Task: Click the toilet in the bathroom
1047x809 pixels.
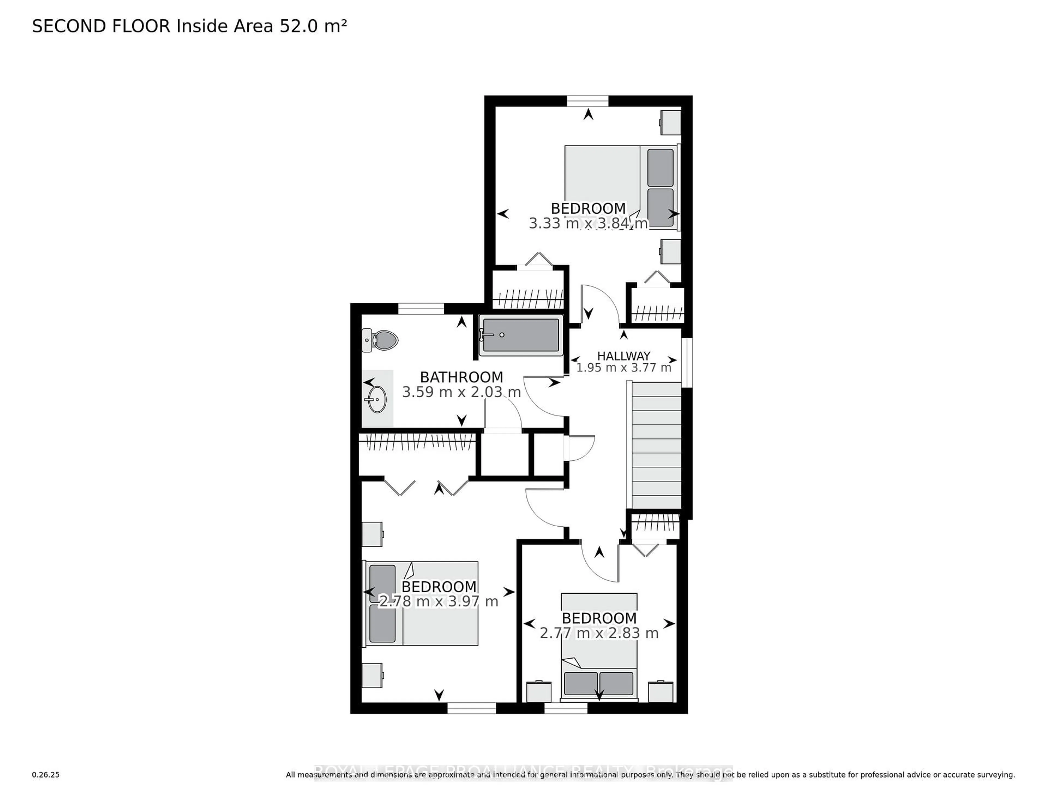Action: (x=381, y=340)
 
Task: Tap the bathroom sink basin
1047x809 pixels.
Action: (x=377, y=399)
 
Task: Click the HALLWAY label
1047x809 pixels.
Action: (x=623, y=356)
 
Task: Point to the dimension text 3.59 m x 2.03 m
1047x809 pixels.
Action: (x=461, y=392)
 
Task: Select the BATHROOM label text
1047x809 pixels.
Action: (x=461, y=377)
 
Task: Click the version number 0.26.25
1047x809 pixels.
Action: (x=46, y=774)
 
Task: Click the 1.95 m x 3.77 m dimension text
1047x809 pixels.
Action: (x=623, y=368)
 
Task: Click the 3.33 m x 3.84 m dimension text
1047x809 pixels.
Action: (x=588, y=223)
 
